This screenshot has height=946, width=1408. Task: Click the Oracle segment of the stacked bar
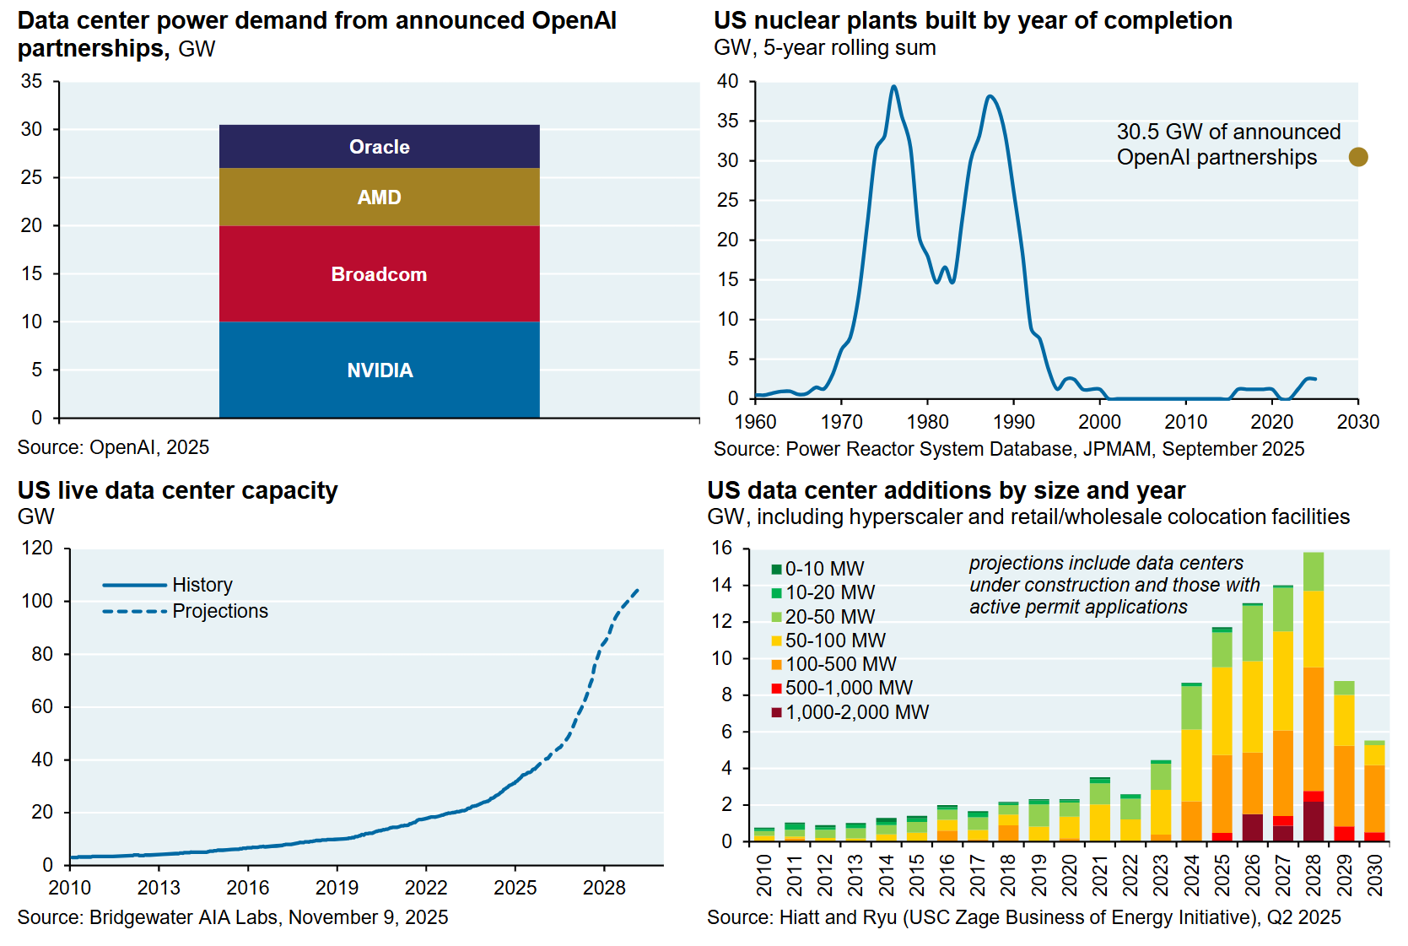tap(379, 147)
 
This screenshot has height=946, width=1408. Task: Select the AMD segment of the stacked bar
tap(379, 197)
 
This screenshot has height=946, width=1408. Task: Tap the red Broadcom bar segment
tap(379, 274)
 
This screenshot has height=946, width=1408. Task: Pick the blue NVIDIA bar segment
tap(379, 370)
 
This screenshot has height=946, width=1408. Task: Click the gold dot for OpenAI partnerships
tap(1357, 157)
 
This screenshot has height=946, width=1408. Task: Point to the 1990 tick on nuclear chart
tap(1013, 422)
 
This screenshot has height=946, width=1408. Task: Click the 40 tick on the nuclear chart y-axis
tap(727, 82)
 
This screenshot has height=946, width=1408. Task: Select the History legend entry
tap(202, 585)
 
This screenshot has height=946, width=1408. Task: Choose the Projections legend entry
tap(219, 611)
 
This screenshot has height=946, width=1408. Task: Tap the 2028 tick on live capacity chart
tap(604, 888)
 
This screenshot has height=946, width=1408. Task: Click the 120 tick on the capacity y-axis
tap(37, 549)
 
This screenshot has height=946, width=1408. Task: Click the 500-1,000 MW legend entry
tap(848, 688)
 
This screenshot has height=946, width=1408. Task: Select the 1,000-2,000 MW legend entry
tap(856, 712)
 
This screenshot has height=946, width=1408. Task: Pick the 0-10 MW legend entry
tap(823, 569)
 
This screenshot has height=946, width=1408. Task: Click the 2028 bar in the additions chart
tap(1313, 700)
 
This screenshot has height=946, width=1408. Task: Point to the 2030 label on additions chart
tap(1375, 875)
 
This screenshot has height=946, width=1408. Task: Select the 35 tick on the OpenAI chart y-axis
tap(31, 82)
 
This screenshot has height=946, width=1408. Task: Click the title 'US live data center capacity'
tap(177, 490)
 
